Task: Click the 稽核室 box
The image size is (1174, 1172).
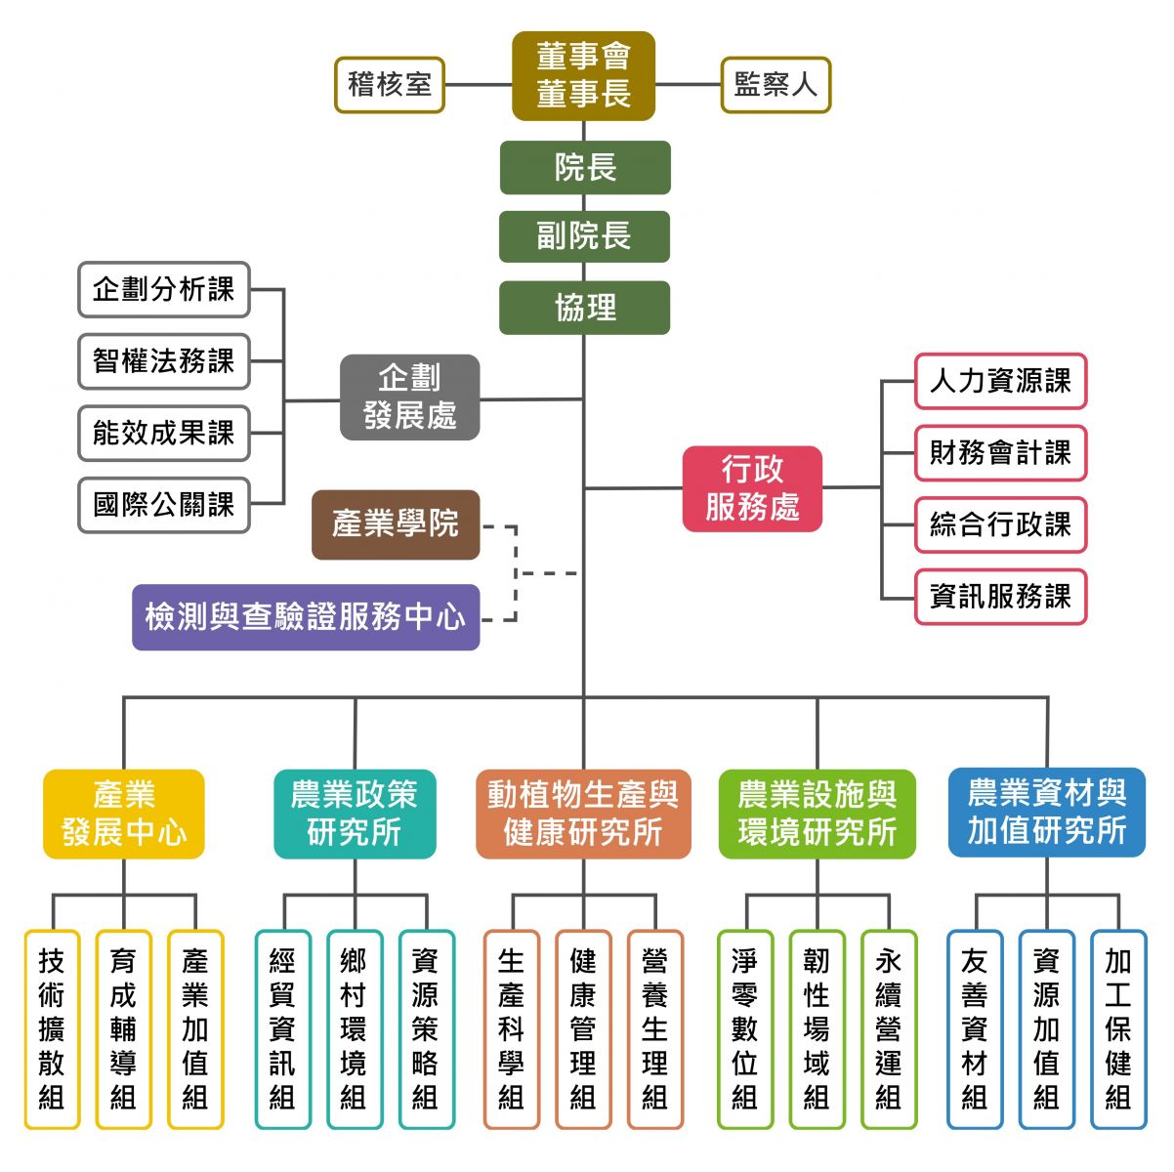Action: point(390,85)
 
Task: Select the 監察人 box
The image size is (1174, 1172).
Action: point(776,85)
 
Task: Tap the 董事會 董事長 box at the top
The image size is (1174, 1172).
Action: point(583,76)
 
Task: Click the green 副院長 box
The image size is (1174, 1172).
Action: point(584,236)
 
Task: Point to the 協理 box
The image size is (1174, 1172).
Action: point(584,308)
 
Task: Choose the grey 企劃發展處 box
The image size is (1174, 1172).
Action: point(409,397)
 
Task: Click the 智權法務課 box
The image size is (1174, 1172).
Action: point(164,361)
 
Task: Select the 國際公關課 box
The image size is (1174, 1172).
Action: point(164,505)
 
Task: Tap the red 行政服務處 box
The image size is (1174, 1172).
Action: point(752,488)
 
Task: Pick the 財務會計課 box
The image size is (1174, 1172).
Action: point(1000,453)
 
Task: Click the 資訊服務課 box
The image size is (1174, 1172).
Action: point(1000,597)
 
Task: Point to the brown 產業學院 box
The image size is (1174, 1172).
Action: point(396,524)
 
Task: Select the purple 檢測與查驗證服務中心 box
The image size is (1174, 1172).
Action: point(306,617)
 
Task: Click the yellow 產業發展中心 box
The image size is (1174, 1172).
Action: point(124,814)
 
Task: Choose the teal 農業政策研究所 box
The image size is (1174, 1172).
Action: point(355,814)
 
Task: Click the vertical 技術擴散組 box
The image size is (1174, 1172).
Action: point(52,1029)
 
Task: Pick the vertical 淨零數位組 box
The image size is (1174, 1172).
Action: point(745,1029)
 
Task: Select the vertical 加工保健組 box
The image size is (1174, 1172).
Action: point(1118,1029)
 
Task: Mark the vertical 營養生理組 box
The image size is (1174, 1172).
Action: point(655,1029)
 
